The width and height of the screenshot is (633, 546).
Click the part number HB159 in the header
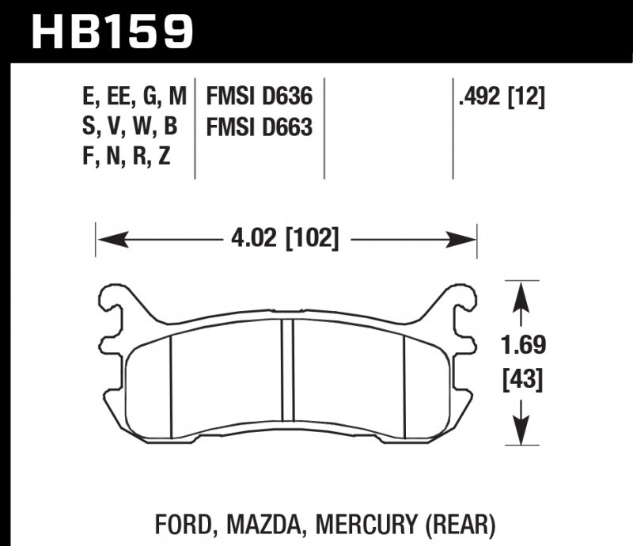tap(111, 31)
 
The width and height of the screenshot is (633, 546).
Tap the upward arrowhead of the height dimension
tap(522, 294)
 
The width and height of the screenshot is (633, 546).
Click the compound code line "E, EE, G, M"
tap(134, 97)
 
